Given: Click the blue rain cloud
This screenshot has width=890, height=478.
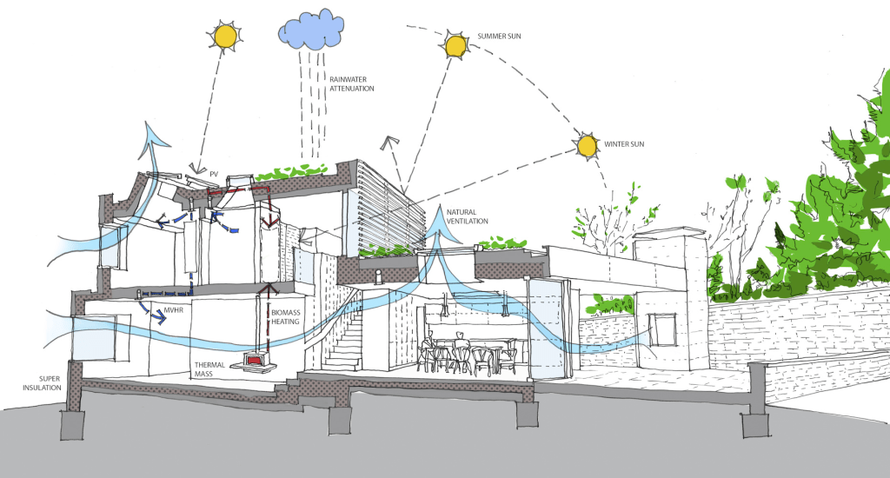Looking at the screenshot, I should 309,32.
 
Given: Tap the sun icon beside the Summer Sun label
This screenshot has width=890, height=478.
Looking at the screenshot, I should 455,45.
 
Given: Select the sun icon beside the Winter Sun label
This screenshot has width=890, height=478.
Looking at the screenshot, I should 588,145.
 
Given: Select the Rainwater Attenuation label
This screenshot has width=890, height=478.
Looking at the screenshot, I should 353,83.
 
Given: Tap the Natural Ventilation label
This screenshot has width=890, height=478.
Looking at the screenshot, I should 468,216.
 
